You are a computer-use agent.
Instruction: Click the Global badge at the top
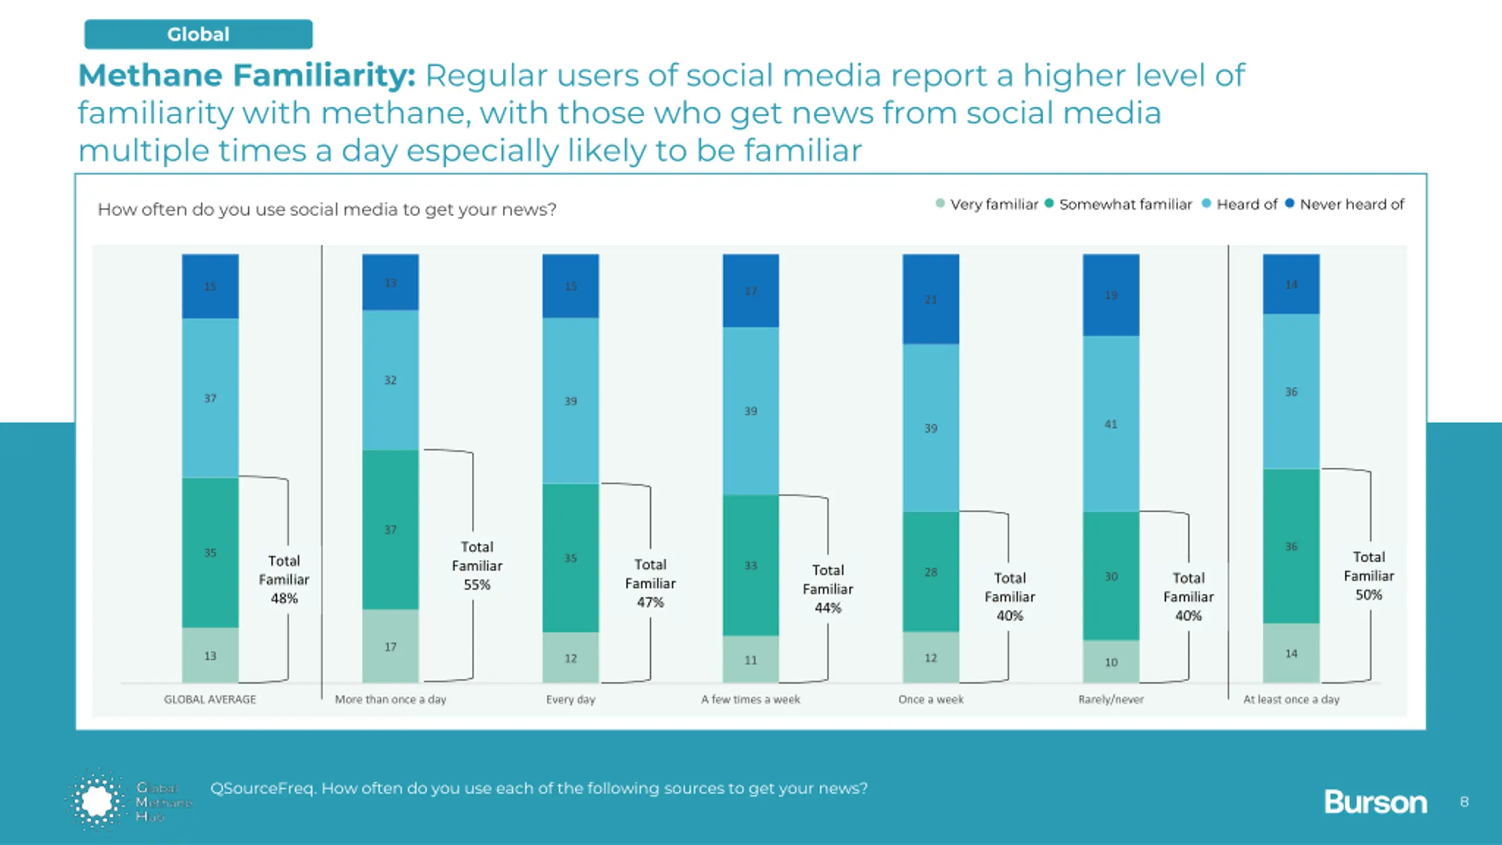pyautogui.click(x=198, y=34)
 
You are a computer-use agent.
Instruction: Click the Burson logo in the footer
pyautogui.click(x=1375, y=802)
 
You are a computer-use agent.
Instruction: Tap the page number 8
pyautogui.click(x=1464, y=802)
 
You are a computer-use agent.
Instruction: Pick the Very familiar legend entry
pyautogui.click(x=987, y=204)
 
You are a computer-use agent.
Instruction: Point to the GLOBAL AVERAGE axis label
pyautogui.click(x=210, y=699)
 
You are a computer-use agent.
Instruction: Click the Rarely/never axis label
pyautogui.click(x=1111, y=699)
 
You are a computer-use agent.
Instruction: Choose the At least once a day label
pyautogui.click(x=1291, y=699)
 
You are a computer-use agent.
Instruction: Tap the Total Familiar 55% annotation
pyautogui.click(x=477, y=566)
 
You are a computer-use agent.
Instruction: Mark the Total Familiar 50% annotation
pyautogui.click(x=1369, y=576)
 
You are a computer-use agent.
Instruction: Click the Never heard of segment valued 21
pyautogui.click(x=931, y=299)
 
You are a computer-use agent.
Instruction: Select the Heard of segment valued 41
pyautogui.click(x=1111, y=424)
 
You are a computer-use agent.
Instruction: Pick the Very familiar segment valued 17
pyautogui.click(x=390, y=646)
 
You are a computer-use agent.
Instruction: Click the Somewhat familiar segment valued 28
pyautogui.click(x=931, y=572)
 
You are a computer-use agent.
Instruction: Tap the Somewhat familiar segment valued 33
pyautogui.click(x=750, y=565)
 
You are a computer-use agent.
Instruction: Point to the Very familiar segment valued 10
pyautogui.click(x=1111, y=662)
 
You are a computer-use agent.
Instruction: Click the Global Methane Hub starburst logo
pyautogui.click(x=97, y=800)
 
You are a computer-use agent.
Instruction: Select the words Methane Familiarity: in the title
pyautogui.click(x=247, y=76)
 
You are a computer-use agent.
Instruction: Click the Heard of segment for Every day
pyautogui.click(x=570, y=401)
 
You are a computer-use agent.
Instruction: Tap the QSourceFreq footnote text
pyautogui.click(x=539, y=788)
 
